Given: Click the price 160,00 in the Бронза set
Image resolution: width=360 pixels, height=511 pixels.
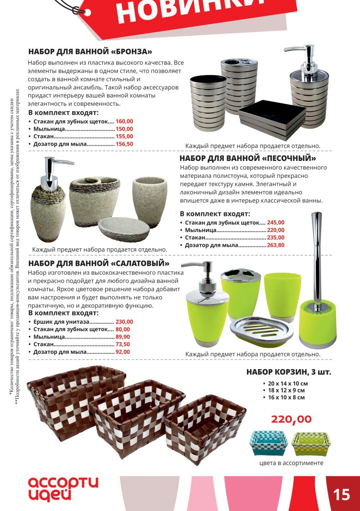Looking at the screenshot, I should [124, 121].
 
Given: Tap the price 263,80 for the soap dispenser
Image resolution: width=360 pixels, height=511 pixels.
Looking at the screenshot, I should [276, 245].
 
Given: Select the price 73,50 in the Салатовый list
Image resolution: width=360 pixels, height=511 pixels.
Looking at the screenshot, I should [123, 344].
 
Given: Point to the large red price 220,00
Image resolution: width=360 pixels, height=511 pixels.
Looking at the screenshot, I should [291, 419].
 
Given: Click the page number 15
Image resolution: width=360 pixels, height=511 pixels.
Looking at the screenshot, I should [342, 494].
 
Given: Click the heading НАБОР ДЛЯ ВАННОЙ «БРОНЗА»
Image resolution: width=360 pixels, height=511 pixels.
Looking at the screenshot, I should [90, 51].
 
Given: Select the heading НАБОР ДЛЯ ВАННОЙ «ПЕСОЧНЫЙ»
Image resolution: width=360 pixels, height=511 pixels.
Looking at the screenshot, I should [248, 158].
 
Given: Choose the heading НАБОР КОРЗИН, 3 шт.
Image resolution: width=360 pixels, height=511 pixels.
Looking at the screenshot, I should [289, 372].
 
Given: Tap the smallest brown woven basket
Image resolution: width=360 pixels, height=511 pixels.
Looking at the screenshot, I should [205, 429].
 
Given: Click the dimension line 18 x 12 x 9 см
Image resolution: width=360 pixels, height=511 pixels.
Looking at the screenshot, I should [286, 390].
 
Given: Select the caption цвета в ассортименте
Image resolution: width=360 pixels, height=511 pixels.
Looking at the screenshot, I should [291, 463].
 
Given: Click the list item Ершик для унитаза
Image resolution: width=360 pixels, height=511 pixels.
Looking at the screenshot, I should [61, 322].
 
